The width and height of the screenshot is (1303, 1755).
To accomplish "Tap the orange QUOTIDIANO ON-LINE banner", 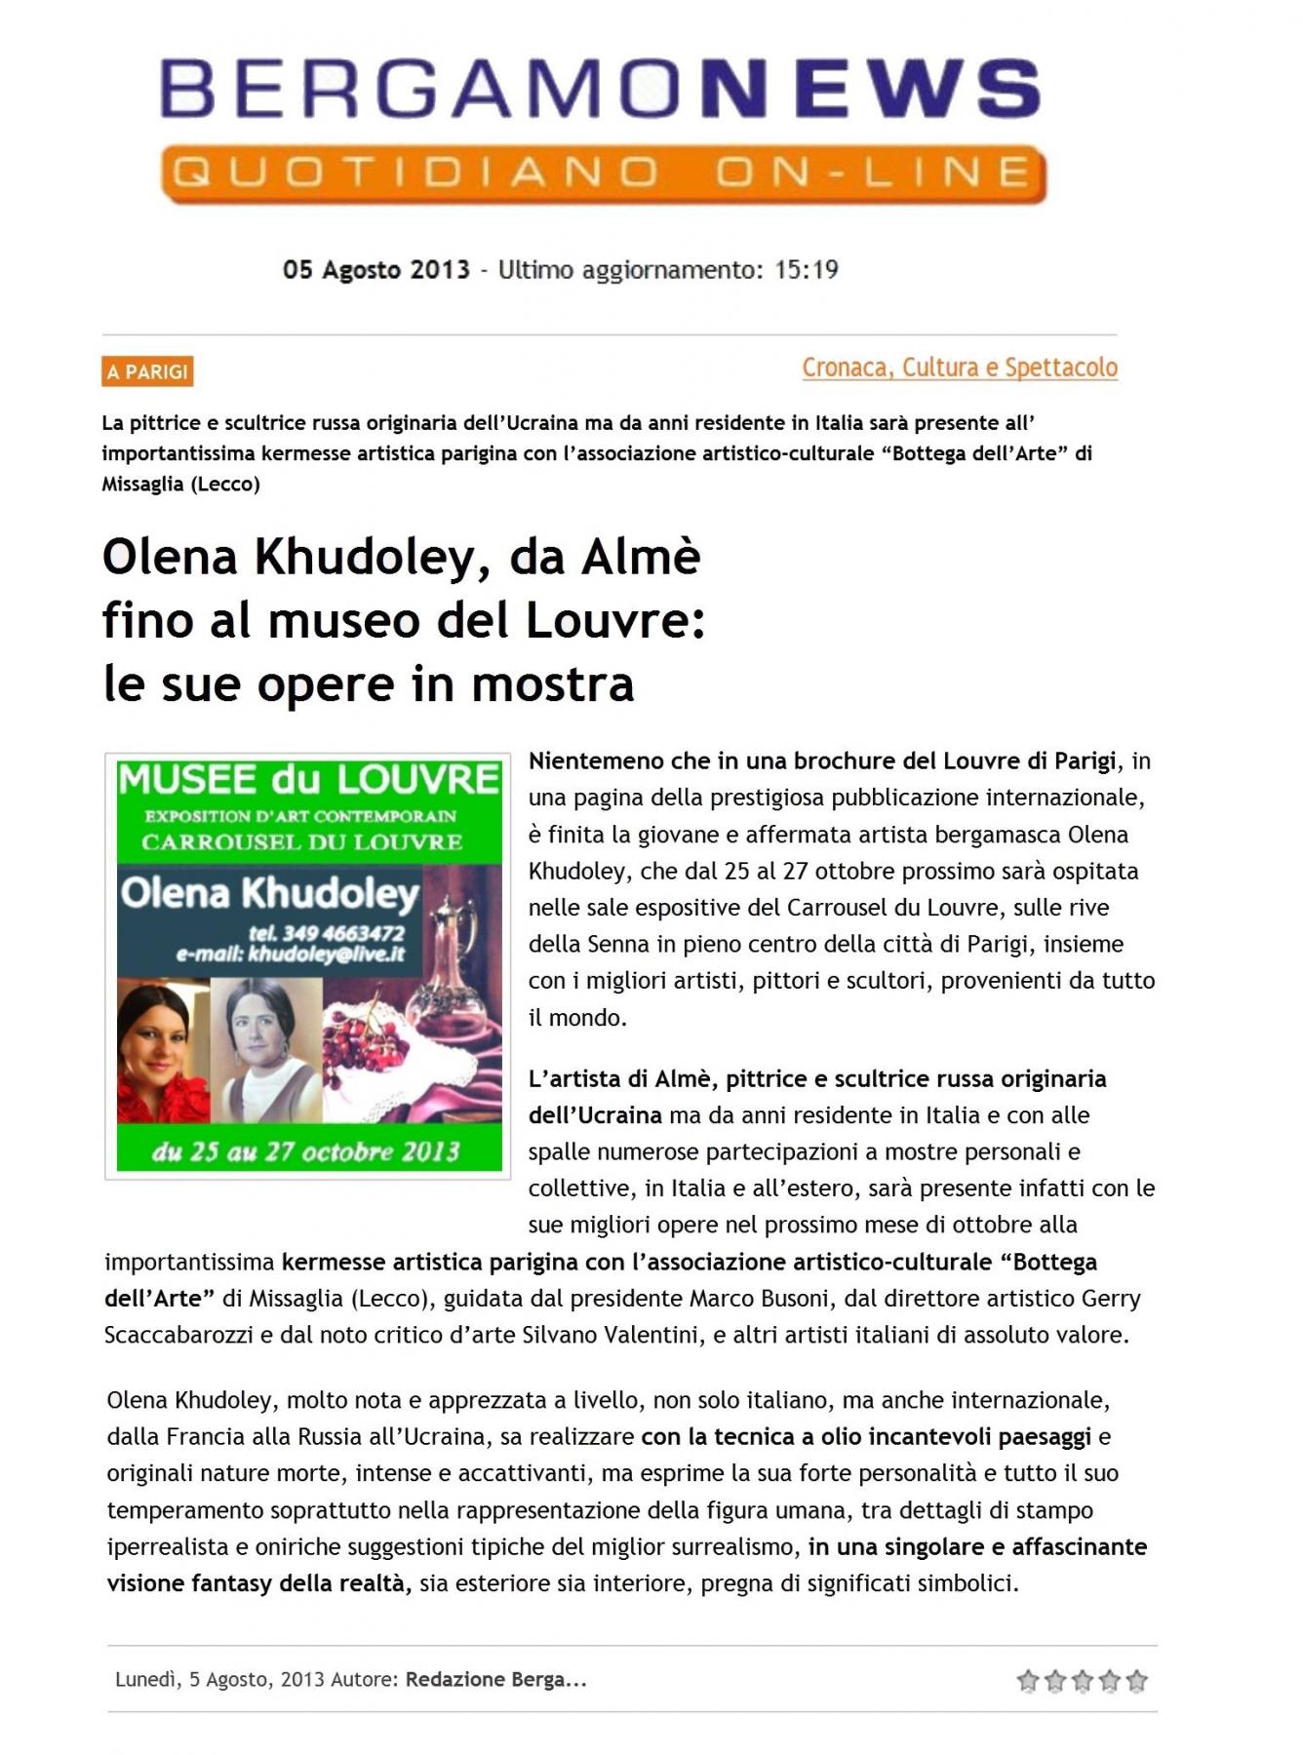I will pos(603,175).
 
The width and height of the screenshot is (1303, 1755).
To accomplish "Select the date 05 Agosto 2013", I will pos(375,270).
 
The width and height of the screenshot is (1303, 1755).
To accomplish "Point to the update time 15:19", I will pos(806,270).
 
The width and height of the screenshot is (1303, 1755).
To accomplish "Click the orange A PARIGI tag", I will pos(147,371).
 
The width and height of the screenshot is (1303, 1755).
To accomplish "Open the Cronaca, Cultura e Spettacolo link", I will pos(959,368).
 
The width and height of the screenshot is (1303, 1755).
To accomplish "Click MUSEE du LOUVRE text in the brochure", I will pos(308,780).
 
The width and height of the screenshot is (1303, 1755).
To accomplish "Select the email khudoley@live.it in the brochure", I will pos(291,955).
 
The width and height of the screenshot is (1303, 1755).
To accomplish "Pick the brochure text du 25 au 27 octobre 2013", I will pos(305,1151).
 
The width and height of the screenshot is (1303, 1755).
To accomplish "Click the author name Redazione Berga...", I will pos(495,1679).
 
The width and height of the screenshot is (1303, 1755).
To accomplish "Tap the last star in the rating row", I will pos(1136,1680).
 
